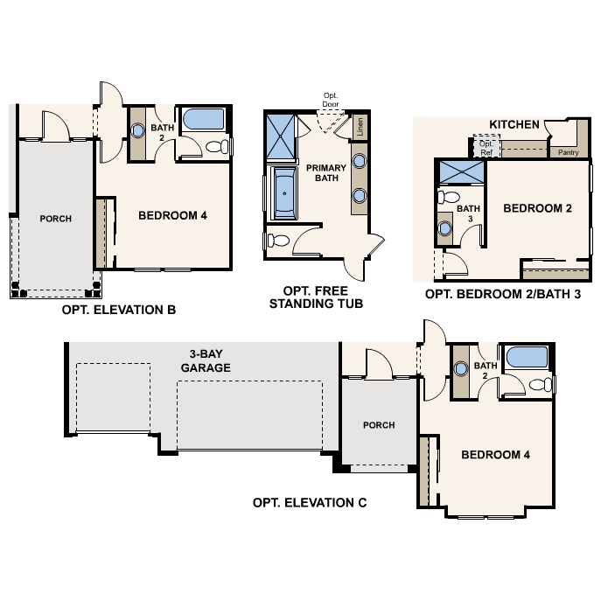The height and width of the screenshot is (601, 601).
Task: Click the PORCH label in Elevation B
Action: [x=56, y=219]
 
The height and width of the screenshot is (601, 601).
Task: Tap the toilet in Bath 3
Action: [x=449, y=197]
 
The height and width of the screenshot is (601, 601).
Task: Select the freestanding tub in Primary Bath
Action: [x=284, y=192]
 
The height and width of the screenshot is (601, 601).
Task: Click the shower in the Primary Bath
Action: [x=281, y=136]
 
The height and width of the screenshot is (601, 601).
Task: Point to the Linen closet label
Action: [x=360, y=127]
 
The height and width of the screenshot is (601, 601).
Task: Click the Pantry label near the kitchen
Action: [x=568, y=152]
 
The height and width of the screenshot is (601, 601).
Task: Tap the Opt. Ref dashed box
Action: [x=486, y=146]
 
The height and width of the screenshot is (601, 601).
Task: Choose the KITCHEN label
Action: [x=514, y=124]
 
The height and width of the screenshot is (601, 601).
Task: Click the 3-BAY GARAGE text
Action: [x=206, y=360]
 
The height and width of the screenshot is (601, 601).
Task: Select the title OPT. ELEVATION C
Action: [x=310, y=502]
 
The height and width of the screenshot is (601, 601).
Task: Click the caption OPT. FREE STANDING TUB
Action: [x=316, y=297]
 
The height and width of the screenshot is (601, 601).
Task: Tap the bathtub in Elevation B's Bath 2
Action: [x=203, y=119]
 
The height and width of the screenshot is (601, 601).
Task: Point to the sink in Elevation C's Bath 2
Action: [x=461, y=368]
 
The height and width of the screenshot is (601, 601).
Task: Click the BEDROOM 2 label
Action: [x=537, y=208]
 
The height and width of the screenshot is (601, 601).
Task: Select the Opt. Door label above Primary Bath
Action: [x=331, y=100]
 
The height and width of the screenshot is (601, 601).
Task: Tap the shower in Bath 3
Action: [x=462, y=172]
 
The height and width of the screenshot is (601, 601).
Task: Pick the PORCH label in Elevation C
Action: [x=379, y=425]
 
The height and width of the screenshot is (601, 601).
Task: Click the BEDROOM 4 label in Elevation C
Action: [x=496, y=455]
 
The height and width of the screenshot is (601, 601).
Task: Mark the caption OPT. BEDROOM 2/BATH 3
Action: [x=503, y=294]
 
